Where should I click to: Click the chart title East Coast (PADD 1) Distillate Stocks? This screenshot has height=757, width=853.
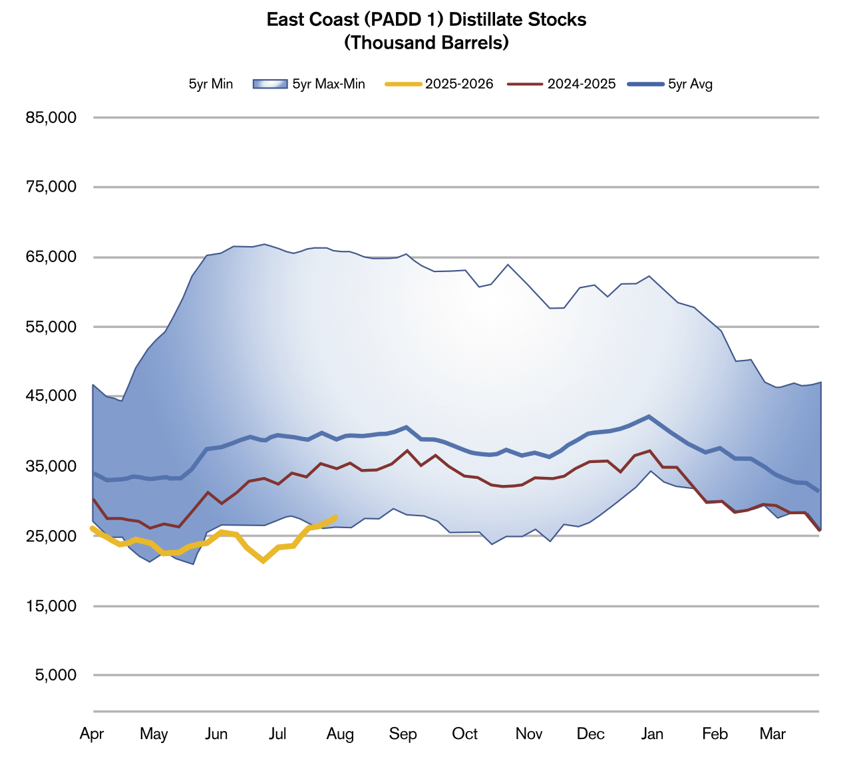[426, 20]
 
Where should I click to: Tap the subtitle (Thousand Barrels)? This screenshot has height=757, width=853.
[426, 43]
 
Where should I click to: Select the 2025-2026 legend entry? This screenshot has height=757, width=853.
[459, 84]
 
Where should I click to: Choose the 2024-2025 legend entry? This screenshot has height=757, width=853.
[582, 84]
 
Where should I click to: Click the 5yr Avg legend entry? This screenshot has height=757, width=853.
[690, 84]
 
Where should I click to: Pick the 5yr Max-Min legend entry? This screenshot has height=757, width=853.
[329, 84]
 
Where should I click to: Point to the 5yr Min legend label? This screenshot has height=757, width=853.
[211, 84]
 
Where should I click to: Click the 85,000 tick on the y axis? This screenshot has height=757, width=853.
[51, 118]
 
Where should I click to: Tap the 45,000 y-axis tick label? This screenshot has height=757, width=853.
[51, 396]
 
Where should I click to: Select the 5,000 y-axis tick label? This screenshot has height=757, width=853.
[55, 675]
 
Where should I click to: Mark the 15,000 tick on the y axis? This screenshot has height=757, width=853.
[51, 606]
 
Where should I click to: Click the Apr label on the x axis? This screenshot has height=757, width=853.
[92, 734]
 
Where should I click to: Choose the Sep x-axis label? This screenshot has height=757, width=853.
[403, 734]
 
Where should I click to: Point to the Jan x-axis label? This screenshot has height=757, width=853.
[652, 734]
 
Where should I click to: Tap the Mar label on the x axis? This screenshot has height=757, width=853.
[772, 734]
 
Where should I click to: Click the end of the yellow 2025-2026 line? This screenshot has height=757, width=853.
[336, 516]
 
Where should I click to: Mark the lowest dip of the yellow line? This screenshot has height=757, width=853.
[264, 561]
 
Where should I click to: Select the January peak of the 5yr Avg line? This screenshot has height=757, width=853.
[649, 416]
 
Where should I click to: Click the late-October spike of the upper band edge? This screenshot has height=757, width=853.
[508, 265]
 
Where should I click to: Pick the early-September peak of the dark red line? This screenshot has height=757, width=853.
[407, 450]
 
